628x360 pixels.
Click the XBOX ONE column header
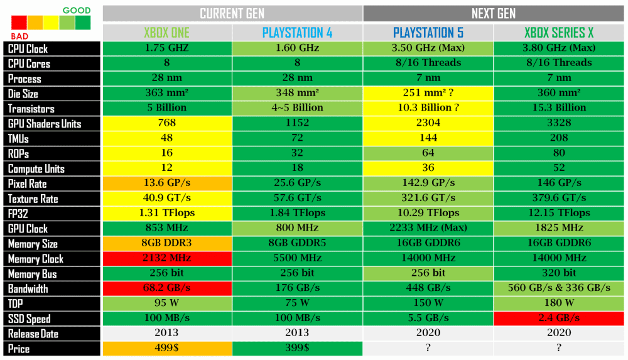[x=166, y=33]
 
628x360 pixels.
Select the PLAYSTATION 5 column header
[x=428, y=33]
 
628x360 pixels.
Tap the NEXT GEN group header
[x=494, y=13]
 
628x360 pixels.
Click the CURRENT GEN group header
[x=232, y=13]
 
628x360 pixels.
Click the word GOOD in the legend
[x=77, y=11]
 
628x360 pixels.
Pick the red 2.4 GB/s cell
[x=559, y=319]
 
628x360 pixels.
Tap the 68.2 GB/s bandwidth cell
[x=166, y=288]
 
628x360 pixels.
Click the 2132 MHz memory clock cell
[x=166, y=258]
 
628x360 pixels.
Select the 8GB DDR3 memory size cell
[x=166, y=243]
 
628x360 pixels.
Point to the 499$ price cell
[x=166, y=349]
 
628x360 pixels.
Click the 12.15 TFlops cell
[x=559, y=213]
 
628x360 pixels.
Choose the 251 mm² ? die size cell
[x=428, y=93]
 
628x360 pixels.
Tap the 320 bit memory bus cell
[x=559, y=273]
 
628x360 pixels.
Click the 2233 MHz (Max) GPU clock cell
[x=428, y=228]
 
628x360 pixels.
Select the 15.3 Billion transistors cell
[x=559, y=108]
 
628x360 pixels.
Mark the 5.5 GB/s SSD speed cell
[x=428, y=319]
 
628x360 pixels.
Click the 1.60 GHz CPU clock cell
[x=298, y=48]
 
